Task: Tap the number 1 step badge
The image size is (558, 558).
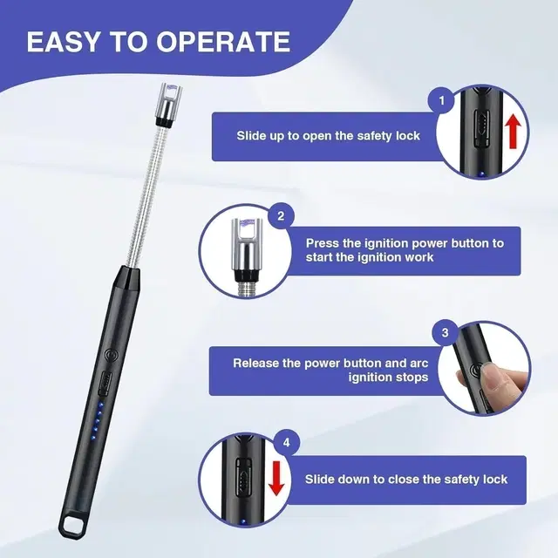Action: [x=443, y=101]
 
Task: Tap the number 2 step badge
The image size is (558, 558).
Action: [x=280, y=215]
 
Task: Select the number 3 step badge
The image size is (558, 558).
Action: [x=445, y=332]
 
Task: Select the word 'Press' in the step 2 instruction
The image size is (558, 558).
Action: [x=323, y=243]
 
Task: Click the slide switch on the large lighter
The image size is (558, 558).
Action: [x=106, y=381]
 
